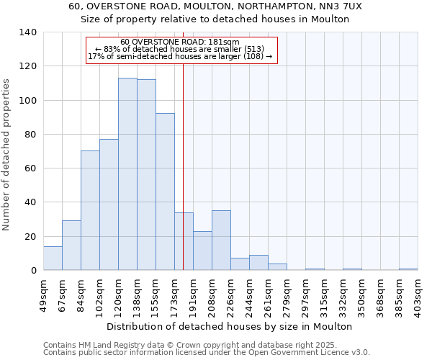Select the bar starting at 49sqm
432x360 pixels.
coord(53,258)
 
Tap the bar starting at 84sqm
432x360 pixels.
coord(90,210)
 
